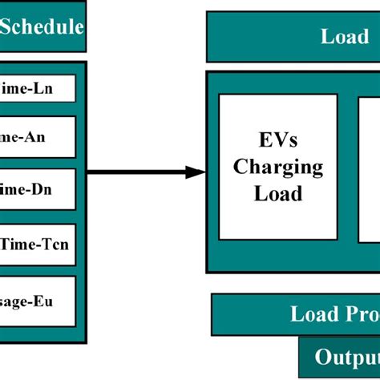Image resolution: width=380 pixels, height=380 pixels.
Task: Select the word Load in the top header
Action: click(345, 36)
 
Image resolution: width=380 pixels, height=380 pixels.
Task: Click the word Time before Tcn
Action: click(21, 245)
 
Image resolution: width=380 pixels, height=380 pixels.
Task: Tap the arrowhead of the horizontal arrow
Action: click(196, 172)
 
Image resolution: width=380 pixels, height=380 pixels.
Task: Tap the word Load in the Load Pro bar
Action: click(314, 313)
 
